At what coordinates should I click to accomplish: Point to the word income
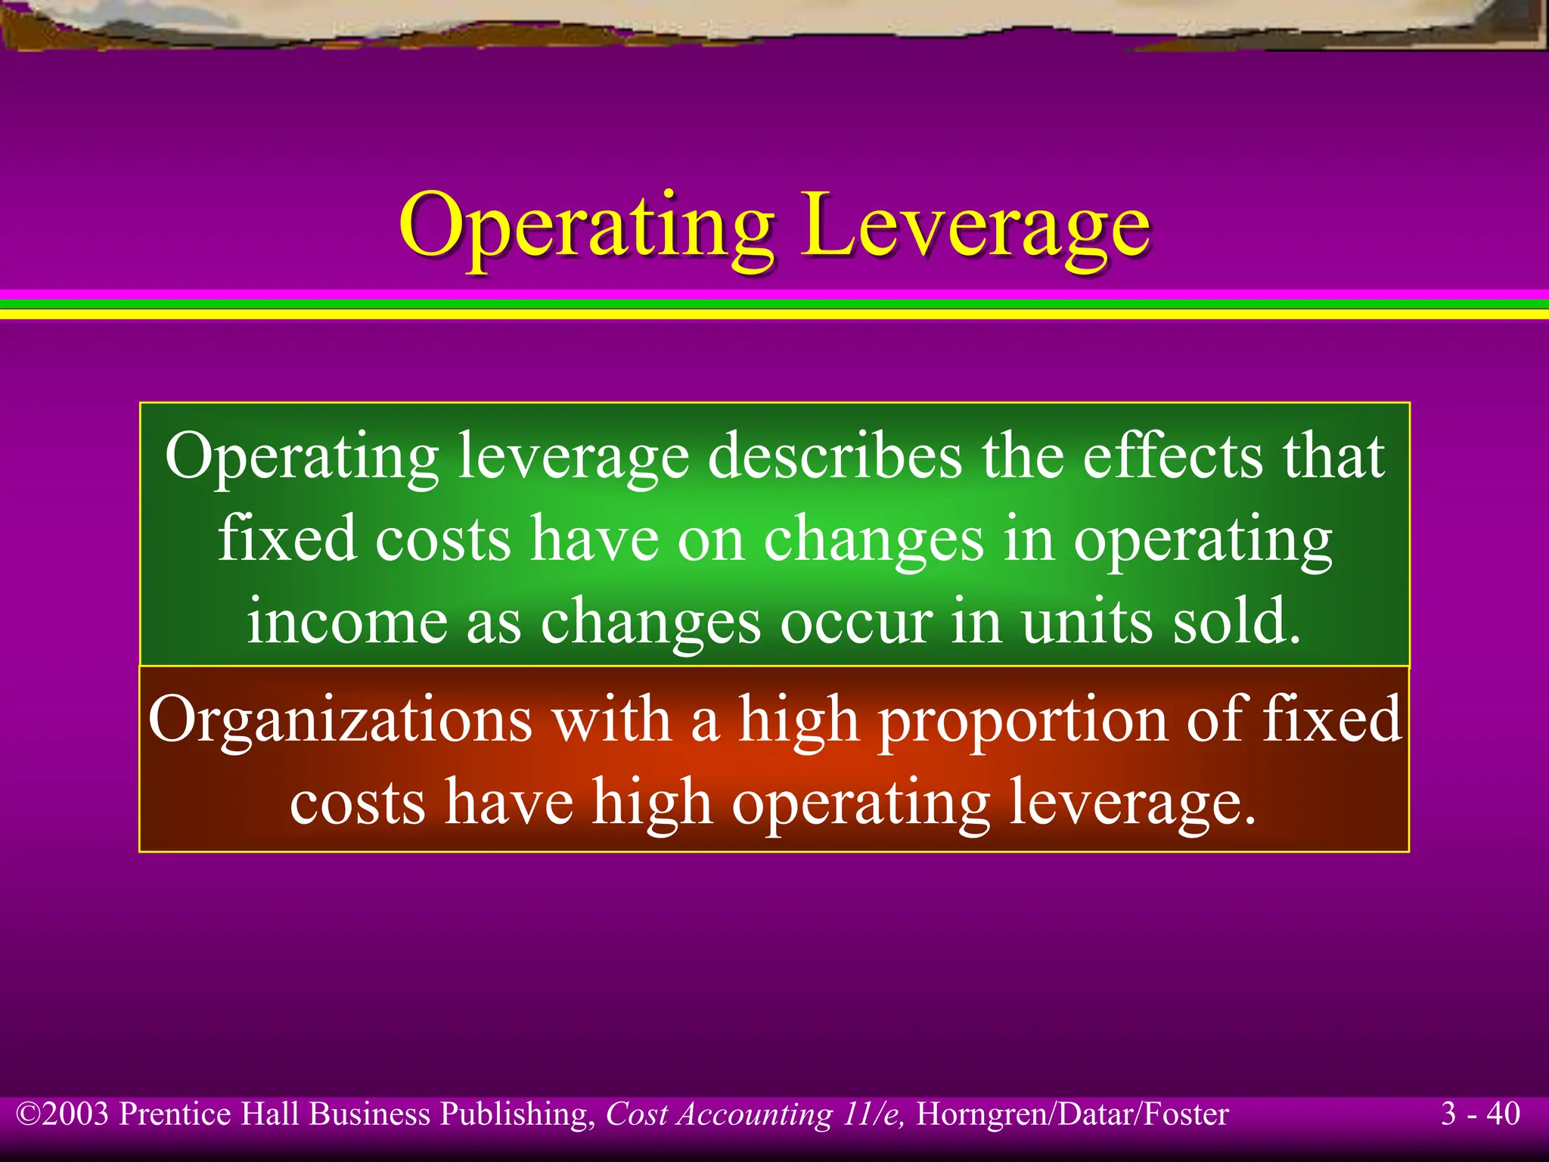tap(347, 621)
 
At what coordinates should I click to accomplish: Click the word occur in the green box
tap(856, 621)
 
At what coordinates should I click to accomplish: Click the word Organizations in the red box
tap(340, 719)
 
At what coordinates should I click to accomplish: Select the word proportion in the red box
tap(1023, 719)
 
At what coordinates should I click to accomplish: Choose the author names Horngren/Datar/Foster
tap(1073, 1114)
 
